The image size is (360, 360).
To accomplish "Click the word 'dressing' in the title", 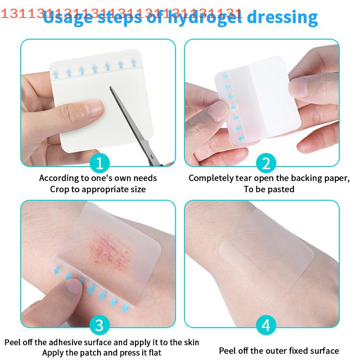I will point(282,18).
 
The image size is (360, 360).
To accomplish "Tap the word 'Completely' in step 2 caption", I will point(209,178).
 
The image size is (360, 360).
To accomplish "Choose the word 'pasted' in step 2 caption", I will point(281,189).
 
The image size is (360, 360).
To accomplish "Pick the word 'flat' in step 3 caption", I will point(153,353).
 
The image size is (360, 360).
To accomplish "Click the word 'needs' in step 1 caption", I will point(145,178).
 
